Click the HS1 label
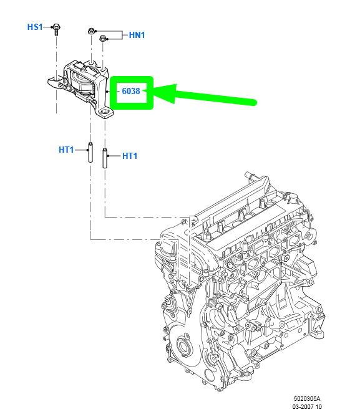(35, 27)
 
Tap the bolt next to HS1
(56, 29)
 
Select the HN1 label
(137, 35)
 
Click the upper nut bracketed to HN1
(91, 31)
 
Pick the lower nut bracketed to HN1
(102, 39)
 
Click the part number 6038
(131, 91)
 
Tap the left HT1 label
(66, 150)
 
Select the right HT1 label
(130, 156)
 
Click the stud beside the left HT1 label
(90, 152)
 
